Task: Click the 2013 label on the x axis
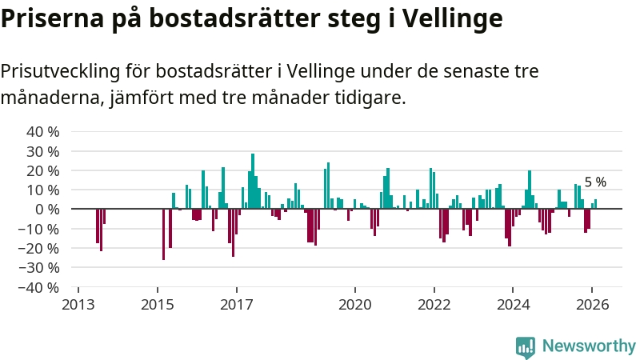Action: pyautogui.click(x=78, y=305)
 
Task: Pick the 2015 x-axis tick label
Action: pyautogui.click(x=157, y=305)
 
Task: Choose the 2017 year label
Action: pyautogui.click(x=237, y=305)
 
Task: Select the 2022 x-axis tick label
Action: pyautogui.click(x=434, y=305)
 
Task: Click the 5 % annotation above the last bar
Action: pyautogui.click(x=595, y=182)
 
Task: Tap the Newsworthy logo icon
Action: pyautogui.click(x=526, y=346)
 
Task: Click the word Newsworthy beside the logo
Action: pyautogui.click(x=589, y=346)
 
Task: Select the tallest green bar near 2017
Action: pyautogui.click(x=253, y=181)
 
